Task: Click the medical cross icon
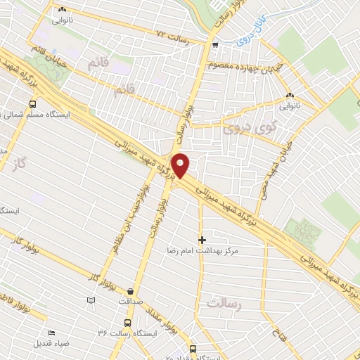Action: (x=202, y=240)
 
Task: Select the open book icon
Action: (x=90, y=301)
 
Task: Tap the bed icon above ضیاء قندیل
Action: (x=51, y=333)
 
